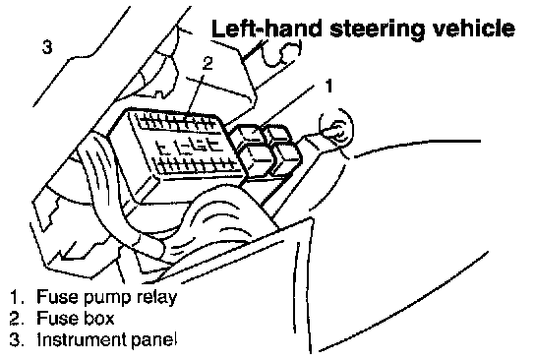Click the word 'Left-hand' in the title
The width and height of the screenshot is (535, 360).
click(267, 29)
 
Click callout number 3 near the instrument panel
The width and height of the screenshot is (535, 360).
click(47, 46)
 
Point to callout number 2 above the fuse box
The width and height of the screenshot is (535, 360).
click(208, 63)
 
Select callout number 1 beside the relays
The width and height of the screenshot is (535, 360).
click(328, 86)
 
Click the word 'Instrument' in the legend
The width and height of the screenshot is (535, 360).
click(82, 339)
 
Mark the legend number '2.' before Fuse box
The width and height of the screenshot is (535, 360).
click(17, 318)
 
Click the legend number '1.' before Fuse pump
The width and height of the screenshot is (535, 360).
click(17, 297)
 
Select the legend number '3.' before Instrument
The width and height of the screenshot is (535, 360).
click(17, 339)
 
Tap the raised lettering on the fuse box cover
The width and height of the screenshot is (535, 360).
click(190, 146)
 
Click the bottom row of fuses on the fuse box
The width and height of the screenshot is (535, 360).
click(198, 166)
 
